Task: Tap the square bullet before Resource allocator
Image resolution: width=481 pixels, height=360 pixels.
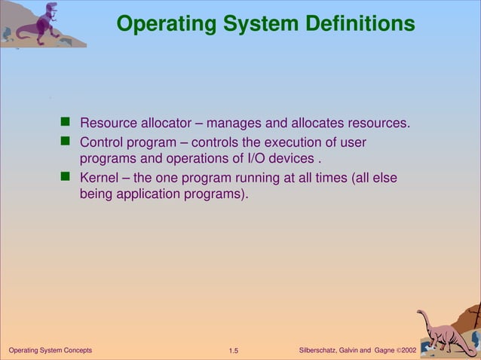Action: click(x=65, y=122)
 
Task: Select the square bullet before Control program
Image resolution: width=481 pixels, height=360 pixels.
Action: click(x=65, y=142)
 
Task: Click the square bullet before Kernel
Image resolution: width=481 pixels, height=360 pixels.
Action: click(x=65, y=178)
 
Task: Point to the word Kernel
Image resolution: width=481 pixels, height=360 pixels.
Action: click(x=100, y=178)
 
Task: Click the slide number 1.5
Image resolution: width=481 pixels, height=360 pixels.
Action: click(x=233, y=351)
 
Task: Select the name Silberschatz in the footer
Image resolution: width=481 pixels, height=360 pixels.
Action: click(x=320, y=351)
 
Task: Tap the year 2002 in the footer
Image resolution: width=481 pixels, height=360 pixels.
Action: click(x=409, y=351)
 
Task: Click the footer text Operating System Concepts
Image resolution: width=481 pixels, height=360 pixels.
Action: click(x=50, y=351)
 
